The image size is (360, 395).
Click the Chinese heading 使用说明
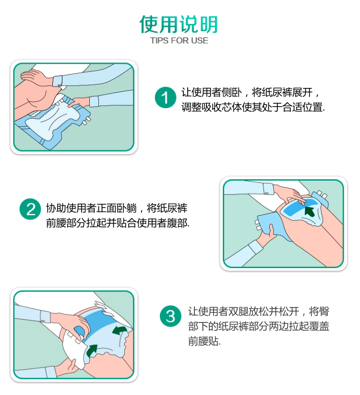[x=179, y=24]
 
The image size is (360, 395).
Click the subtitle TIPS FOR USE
[x=179, y=40]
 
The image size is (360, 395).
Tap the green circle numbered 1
[x=165, y=98]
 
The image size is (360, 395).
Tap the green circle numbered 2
[x=30, y=209]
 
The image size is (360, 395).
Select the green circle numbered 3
[x=170, y=316]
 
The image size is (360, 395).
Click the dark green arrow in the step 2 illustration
[x=310, y=211]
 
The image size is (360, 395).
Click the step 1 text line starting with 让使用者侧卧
[x=251, y=92]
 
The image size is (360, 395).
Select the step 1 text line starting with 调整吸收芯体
[x=253, y=107]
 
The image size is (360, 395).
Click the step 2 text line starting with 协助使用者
[x=117, y=209]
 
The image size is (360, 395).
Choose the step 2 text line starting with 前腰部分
[x=118, y=223]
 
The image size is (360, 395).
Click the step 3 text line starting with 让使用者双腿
[x=259, y=311]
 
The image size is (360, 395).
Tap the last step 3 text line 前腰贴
[x=204, y=341]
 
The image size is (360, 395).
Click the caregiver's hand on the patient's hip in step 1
[x=33, y=76]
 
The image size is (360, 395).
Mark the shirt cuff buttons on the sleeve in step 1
[x=60, y=86]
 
